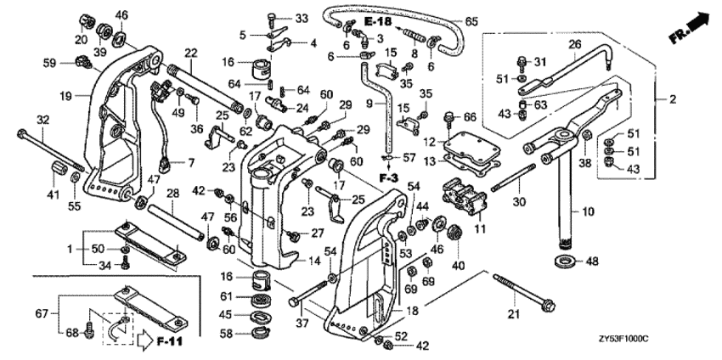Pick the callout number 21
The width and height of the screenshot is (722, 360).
(513, 315)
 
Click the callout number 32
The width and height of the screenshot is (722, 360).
(19, 119)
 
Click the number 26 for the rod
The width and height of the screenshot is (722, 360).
(574, 44)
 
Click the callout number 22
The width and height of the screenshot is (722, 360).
(190, 53)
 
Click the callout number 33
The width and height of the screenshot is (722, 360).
(279, 19)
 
